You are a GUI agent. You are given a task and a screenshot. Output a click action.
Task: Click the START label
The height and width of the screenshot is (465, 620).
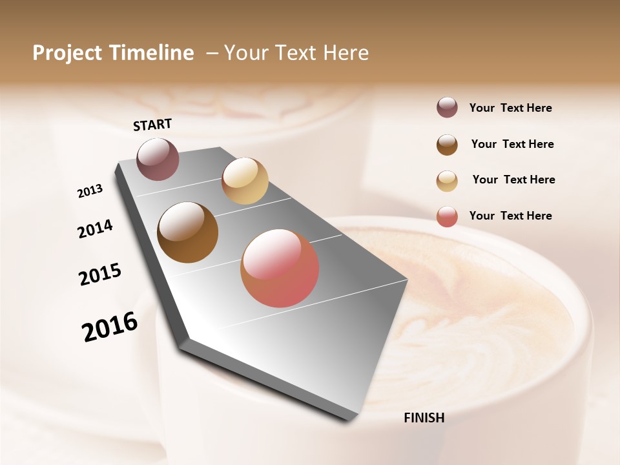pyautogui.click(x=152, y=125)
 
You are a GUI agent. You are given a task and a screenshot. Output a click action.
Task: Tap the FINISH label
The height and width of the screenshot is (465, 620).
pyautogui.click(x=424, y=418)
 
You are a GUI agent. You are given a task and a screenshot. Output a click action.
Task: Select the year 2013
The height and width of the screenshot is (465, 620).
pyautogui.click(x=90, y=191)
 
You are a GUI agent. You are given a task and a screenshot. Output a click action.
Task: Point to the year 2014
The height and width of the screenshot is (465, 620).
pyautogui.click(x=95, y=229)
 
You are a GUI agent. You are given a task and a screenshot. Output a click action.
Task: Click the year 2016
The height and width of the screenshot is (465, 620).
pyautogui.click(x=110, y=326)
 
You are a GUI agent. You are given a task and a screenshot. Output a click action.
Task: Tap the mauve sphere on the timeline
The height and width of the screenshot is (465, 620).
pyautogui.click(x=158, y=159)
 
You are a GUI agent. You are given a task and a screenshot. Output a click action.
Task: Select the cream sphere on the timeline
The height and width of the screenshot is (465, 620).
pyautogui.click(x=245, y=180)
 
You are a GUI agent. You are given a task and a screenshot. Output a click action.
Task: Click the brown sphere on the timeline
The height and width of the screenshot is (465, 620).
pyautogui.click(x=188, y=232)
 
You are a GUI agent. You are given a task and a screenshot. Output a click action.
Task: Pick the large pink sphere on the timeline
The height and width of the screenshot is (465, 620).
pyautogui.click(x=280, y=268)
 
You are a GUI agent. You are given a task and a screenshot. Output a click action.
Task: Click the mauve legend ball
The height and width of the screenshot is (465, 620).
pyautogui.click(x=447, y=108)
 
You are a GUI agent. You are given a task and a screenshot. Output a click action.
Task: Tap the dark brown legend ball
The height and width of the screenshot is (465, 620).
pyautogui.click(x=447, y=145)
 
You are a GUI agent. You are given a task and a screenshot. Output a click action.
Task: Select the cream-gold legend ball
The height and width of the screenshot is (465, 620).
pyautogui.click(x=447, y=181)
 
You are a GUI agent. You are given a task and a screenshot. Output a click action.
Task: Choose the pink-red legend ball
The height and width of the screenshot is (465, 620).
pyautogui.click(x=447, y=217)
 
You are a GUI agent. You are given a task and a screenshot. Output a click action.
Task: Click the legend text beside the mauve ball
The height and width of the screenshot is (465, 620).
pyautogui.click(x=510, y=108)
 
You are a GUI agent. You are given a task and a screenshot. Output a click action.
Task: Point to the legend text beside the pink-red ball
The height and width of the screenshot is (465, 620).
pyautogui.click(x=510, y=216)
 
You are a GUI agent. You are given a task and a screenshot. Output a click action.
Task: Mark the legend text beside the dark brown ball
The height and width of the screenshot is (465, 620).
pyautogui.click(x=512, y=144)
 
